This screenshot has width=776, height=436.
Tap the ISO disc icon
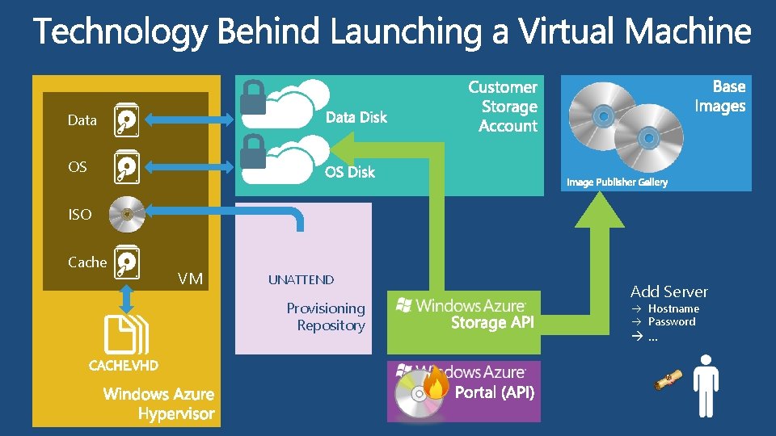pos(125,214)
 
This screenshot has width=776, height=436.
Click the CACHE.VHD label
pos(124,365)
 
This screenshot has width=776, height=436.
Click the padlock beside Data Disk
pos(254,98)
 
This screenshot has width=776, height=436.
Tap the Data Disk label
pos(356,118)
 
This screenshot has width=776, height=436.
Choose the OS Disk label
pos(350,172)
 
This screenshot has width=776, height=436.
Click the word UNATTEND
pos(301,280)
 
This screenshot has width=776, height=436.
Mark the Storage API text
pos(492,323)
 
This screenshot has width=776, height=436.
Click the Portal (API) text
pos(494,393)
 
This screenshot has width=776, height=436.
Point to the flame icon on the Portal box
pos(436,383)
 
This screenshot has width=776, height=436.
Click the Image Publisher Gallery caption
pos(617,182)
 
